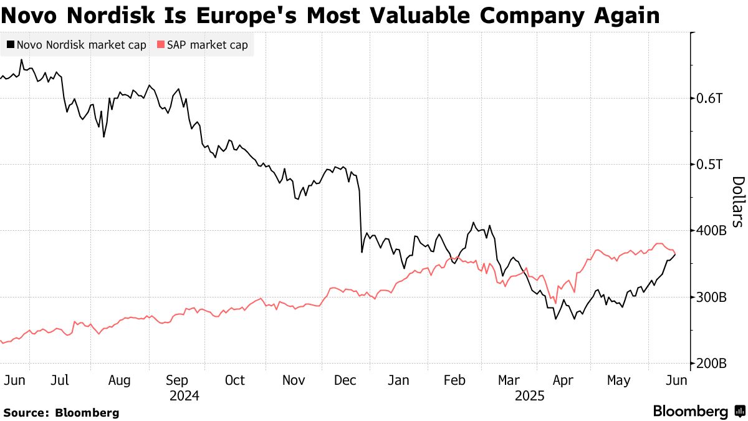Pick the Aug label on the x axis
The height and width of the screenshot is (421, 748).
[118, 380]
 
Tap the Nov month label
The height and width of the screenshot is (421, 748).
[293, 380]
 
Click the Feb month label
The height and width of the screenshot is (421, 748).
[455, 380]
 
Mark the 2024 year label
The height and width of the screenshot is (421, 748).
[185, 396]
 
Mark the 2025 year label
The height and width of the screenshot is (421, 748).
[530, 396]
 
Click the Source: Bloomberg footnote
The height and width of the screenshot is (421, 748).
[60, 412]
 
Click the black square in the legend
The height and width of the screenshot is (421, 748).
[11, 45]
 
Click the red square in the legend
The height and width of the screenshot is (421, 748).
[160, 45]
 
